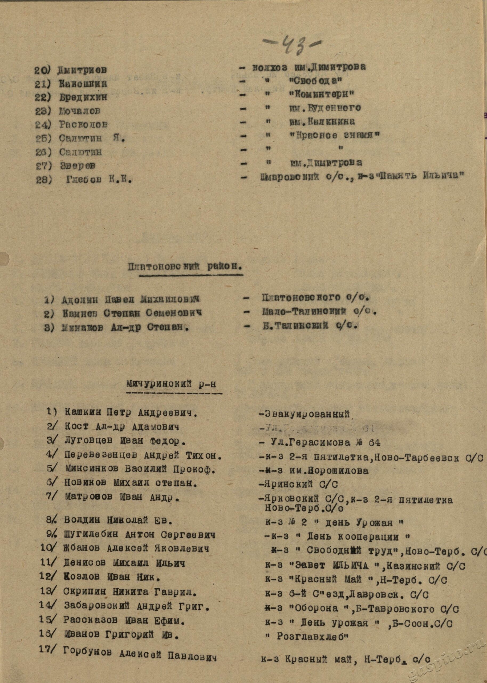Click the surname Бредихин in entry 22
tap(83, 97)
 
